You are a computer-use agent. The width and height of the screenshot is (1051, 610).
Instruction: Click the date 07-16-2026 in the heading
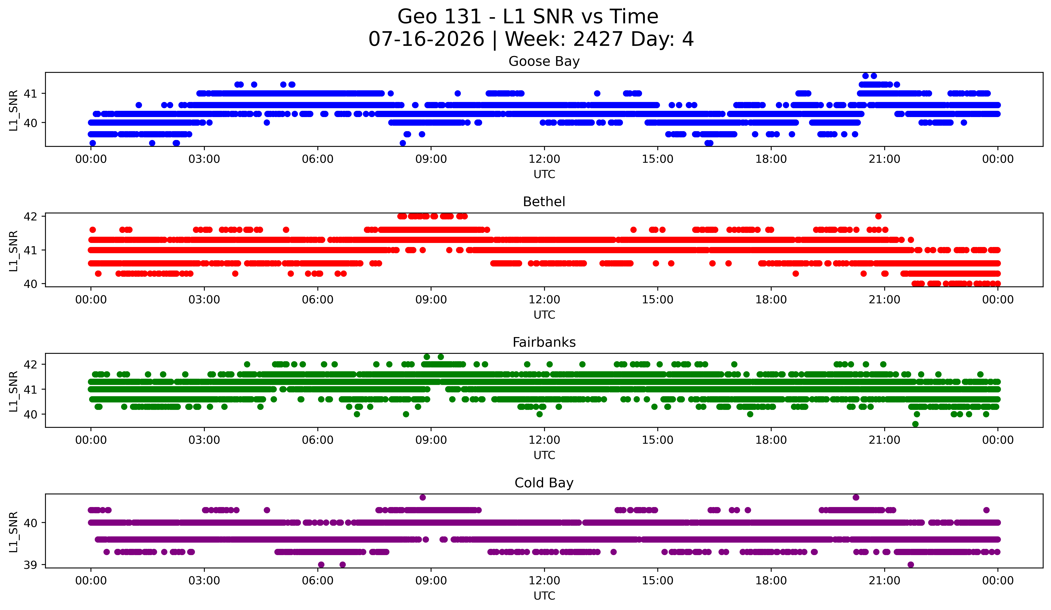(426, 39)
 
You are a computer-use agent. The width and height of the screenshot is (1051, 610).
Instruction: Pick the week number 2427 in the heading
(598, 39)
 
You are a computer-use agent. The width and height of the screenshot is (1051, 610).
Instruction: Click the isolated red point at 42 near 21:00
(878, 216)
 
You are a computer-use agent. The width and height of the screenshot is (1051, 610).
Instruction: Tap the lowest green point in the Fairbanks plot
(915, 424)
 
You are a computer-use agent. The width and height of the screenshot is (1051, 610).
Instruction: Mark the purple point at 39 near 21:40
(911, 565)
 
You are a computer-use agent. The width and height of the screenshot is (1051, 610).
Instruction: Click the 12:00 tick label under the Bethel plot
(544, 299)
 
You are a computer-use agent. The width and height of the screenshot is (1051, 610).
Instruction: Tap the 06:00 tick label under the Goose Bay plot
(318, 159)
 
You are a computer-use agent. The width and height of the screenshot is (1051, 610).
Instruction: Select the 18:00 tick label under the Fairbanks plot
(771, 440)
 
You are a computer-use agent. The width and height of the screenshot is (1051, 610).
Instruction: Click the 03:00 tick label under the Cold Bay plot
(204, 580)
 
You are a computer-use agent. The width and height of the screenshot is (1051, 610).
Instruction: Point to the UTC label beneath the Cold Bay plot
(544, 596)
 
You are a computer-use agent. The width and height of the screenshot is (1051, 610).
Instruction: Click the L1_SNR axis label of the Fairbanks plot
(13, 391)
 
